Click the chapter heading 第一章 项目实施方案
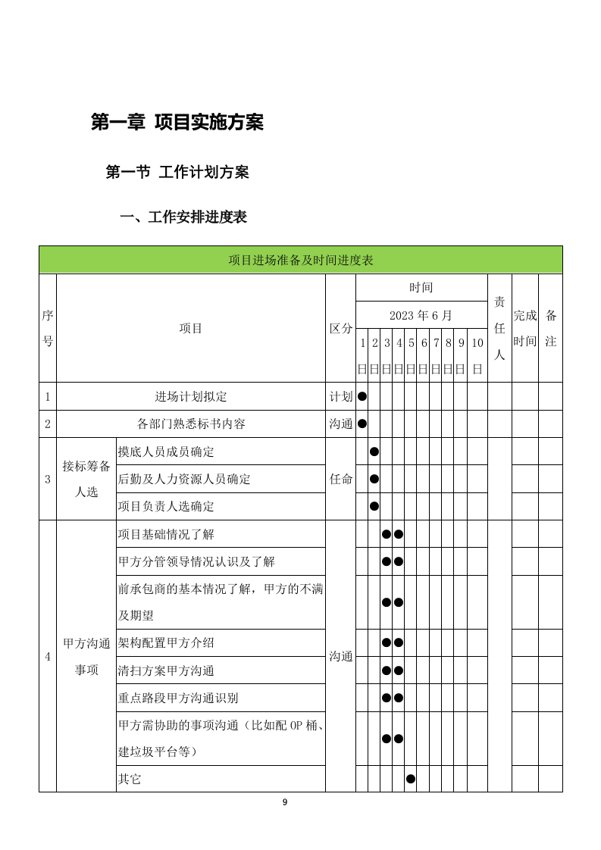pyautogui.click(x=177, y=122)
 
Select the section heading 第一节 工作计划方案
pyautogui.click(x=177, y=173)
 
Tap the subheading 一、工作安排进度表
pyautogui.click(x=183, y=217)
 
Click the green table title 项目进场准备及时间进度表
pyautogui.click(x=301, y=260)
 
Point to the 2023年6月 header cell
pyautogui.click(x=421, y=314)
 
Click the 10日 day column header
pyautogui.click(x=477, y=355)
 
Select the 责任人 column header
pyautogui.click(x=499, y=327)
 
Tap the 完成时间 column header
pyautogui.click(x=524, y=327)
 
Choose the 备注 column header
pyautogui.click(x=551, y=327)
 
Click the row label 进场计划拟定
pyautogui.click(x=191, y=396)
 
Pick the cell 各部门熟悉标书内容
pyautogui.click(x=191, y=423)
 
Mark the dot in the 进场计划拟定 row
pyautogui.click(x=362, y=396)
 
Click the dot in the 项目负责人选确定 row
pyautogui.click(x=374, y=506)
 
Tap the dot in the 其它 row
pyautogui.click(x=411, y=778)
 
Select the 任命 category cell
pyautogui.click(x=340, y=479)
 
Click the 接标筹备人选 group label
pyautogui.click(x=86, y=479)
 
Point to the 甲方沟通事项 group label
pyautogui.click(x=86, y=656)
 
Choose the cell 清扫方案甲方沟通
pyautogui.click(x=167, y=670)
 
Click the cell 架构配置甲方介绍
pyautogui.click(x=167, y=642)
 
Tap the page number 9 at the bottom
pyautogui.click(x=285, y=802)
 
